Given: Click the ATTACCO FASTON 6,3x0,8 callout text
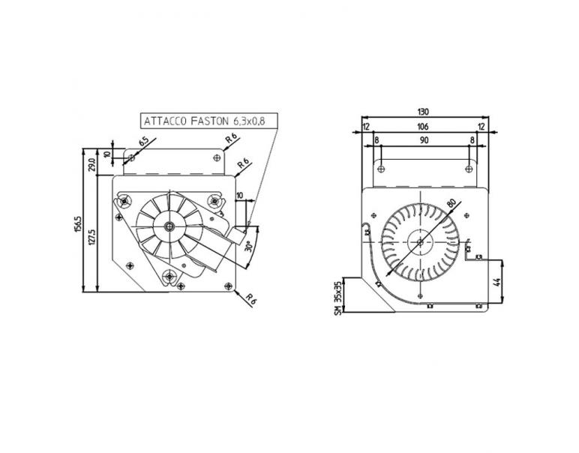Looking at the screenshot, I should click(x=204, y=120).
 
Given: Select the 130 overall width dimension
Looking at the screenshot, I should click(x=424, y=112).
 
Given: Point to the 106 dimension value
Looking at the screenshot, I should click(x=424, y=126).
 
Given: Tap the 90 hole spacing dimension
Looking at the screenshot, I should click(x=424, y=140).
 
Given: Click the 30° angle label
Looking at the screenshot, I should click(x=247, y=244).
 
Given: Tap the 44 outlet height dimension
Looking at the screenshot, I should click(x=496, y=283).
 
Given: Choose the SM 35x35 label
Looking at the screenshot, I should click(x=339, y=298).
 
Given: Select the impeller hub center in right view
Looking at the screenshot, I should click(x=420, y=241).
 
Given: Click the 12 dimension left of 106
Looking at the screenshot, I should click(x=367, y=126).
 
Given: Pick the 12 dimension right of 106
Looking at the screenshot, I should click(x=481, y=126).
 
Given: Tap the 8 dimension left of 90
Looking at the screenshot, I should click(x=376, y=140).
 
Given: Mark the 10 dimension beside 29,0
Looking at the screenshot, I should click(x=106, y=155).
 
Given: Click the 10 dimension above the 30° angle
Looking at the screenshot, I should click(x=240, y=196).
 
